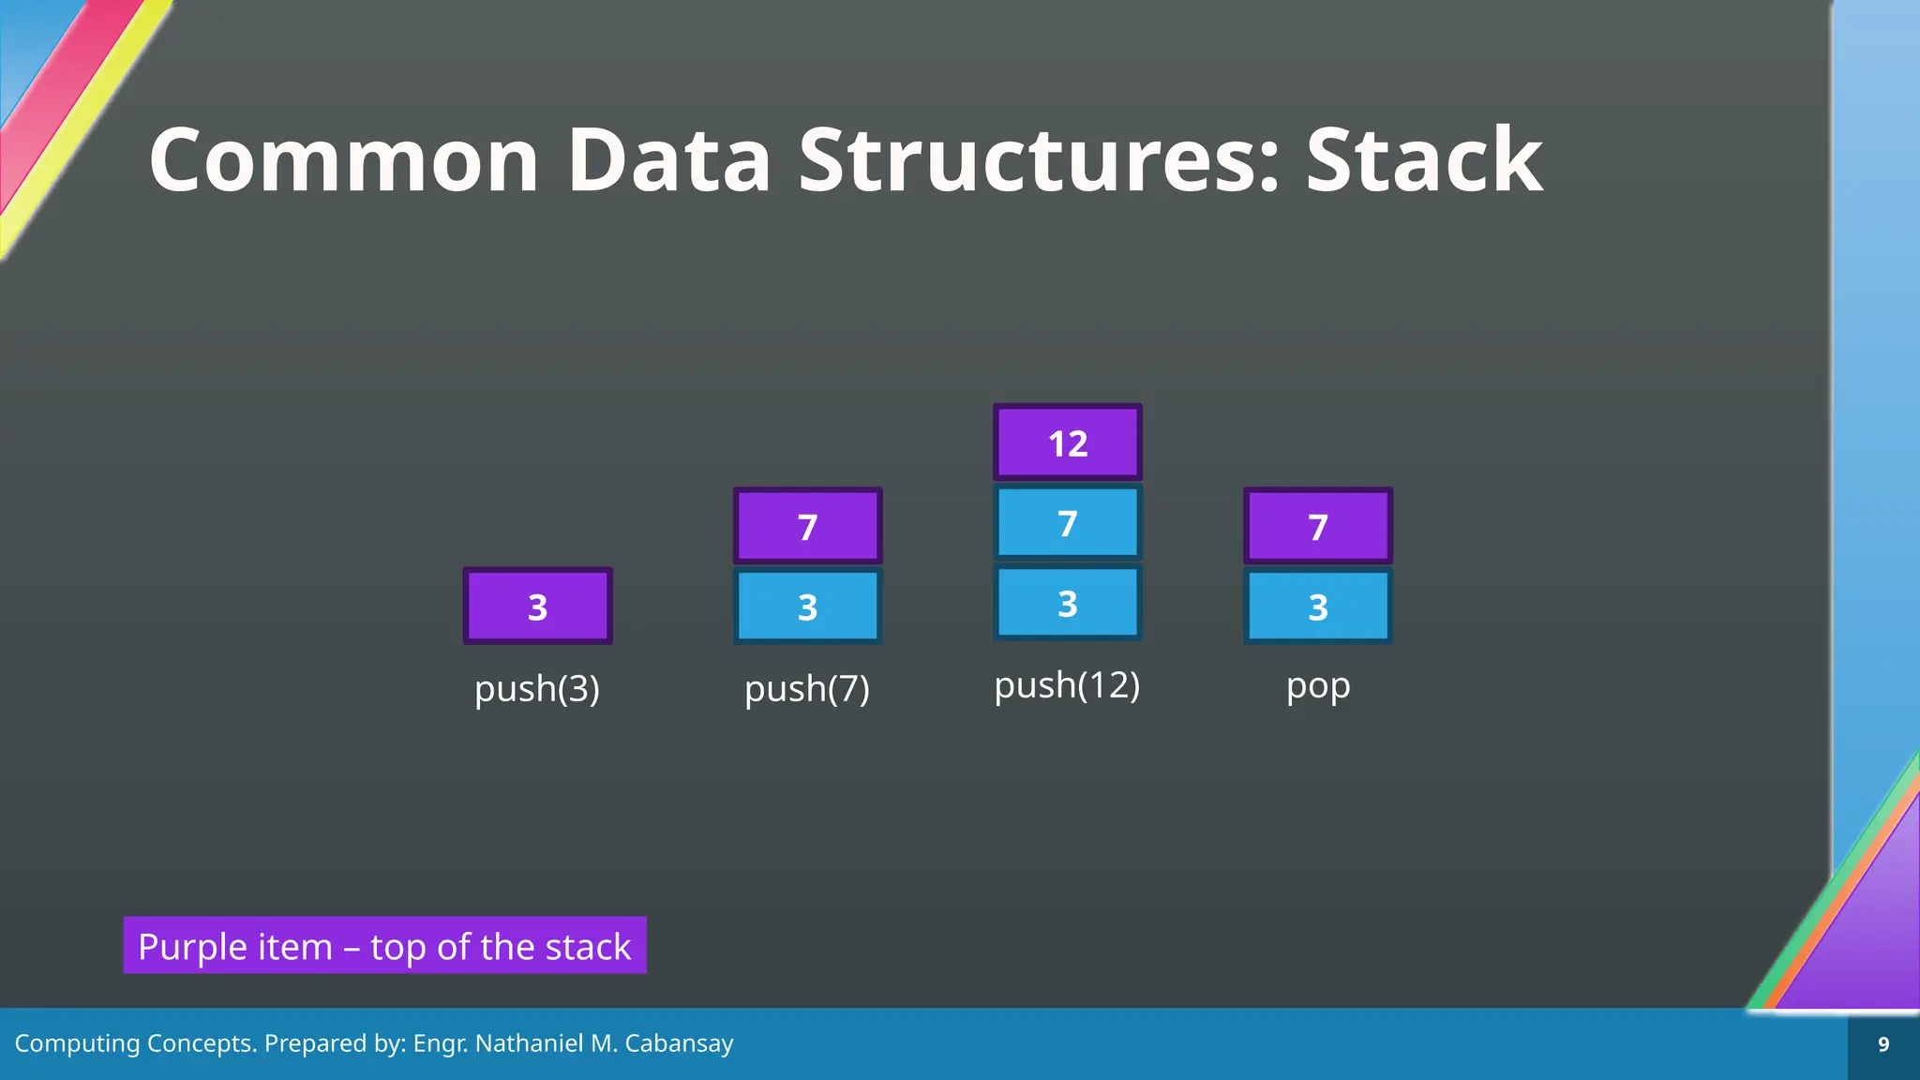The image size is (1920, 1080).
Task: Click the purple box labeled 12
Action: (x=1067, y=442)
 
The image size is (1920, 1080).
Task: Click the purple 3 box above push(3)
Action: (x=537, y=607)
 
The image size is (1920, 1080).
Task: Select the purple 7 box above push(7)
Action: (x=807, y=526)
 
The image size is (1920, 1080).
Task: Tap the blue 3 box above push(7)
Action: (x=807, y=607)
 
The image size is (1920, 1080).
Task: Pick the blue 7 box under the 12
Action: (x=1067, y=523)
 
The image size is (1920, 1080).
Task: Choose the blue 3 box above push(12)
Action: (x=1067, y=603)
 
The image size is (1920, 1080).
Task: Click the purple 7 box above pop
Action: (x=1317, y=526)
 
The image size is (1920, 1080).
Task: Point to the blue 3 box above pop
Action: (x=1317, y=607)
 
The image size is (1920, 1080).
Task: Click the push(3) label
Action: (x=537, y=689)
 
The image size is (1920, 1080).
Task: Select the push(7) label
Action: (x=807, y=689)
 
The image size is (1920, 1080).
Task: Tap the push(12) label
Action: (x=1067, y=685)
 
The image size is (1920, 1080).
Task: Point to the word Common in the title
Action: (x=344, y=160)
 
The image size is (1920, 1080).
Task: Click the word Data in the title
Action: (x=669, y=160)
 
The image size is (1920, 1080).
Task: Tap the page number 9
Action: (x=1883, y=1044)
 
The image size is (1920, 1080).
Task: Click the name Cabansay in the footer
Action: (x=679, y=1043)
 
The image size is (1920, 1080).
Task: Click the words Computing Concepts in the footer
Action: (x=135, y=1043)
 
